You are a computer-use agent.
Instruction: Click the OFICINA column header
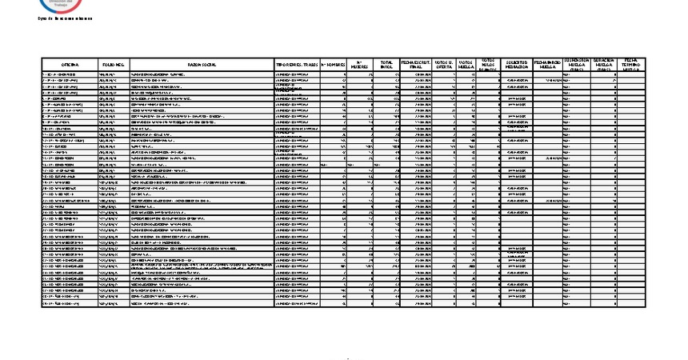70,63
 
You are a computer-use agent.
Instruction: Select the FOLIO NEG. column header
113,63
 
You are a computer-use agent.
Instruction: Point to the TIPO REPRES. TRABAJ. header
297,63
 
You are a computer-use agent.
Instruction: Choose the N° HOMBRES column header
333,63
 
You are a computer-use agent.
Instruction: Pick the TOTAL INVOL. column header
386,63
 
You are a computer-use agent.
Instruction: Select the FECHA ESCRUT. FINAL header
416,63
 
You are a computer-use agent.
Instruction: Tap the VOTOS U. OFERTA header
444,63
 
